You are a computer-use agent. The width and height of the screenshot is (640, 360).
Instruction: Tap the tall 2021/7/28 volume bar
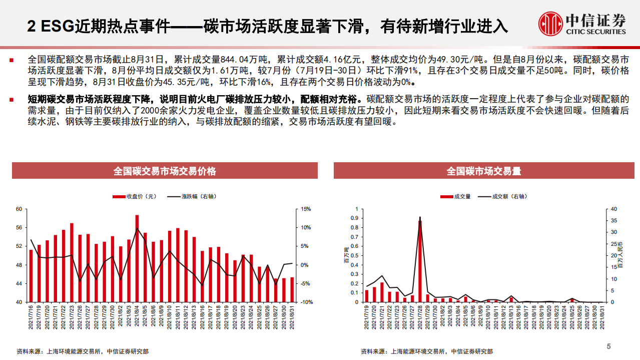420,261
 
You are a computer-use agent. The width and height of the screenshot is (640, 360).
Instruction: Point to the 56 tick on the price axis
19,227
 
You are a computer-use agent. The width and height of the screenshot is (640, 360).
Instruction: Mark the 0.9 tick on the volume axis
355,218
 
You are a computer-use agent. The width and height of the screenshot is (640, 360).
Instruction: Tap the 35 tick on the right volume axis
614,221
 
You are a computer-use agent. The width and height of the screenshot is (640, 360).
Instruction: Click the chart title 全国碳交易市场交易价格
165,171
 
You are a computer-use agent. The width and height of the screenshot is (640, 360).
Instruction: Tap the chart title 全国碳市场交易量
483,171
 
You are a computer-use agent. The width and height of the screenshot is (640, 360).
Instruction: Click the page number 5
608,346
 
